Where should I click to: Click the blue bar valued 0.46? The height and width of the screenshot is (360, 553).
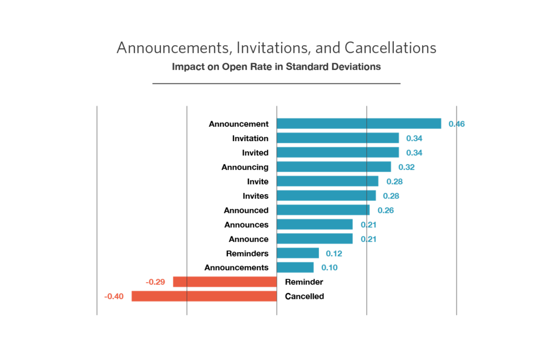click(x=359, y=124)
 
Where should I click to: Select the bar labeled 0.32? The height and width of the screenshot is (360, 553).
click(x=333, y=166)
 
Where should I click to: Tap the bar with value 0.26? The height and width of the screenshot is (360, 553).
click(x=323, y=210)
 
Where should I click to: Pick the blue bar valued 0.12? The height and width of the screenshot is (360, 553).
click(x=298, y=253)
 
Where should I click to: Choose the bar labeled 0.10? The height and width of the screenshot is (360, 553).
click(x=295, y=267)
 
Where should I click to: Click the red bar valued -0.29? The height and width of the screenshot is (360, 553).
click(x=225, y=282)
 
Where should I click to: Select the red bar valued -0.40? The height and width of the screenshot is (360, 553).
click(x=204, y=296)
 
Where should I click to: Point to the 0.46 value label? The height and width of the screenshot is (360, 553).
click(x=457, y=124)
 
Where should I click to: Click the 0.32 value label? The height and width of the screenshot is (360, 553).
click(x=406, y=167)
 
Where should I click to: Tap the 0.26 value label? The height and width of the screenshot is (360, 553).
click(x=385, y=210)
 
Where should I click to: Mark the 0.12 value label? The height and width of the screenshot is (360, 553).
click(x=334, y=253)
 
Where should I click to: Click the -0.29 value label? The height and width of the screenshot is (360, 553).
click(x=155, y=282)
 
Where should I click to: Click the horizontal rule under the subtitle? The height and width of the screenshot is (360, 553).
click(x=276, y=84)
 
